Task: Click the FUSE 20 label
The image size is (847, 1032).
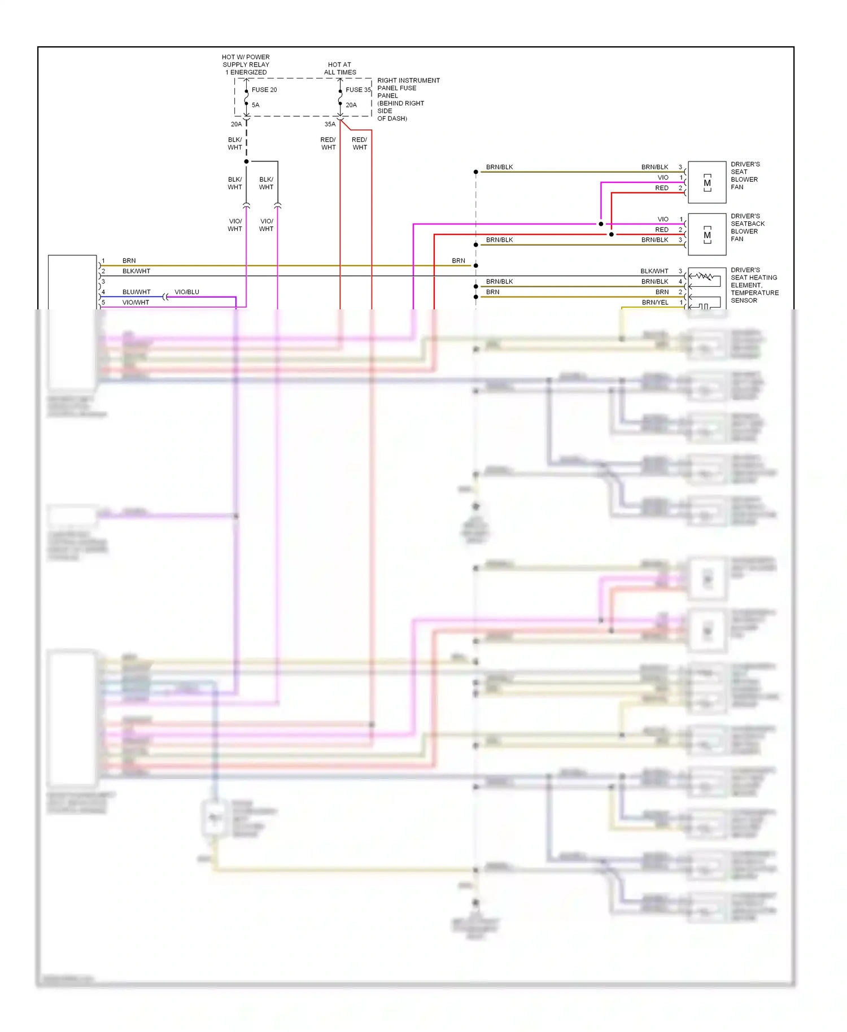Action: coord(264,90)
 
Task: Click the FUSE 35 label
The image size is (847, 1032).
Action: coord(358,90)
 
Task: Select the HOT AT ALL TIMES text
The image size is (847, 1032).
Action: coord(340,68)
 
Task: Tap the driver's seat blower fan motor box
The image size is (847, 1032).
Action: coord(707,182)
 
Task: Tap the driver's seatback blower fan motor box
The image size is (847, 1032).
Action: coord(707,234)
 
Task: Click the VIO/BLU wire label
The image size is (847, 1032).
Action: coord(187,292)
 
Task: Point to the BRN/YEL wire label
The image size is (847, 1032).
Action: coord(655,303)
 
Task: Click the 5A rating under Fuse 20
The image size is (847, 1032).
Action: coord(256,105)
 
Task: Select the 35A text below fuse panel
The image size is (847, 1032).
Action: coord(330,124)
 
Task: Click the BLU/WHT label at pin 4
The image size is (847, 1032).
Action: coord(137,292)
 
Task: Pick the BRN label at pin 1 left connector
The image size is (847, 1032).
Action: coord(129,261)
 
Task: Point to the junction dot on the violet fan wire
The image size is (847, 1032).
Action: coord(601,224)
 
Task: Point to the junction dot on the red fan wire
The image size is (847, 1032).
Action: coord(612,234)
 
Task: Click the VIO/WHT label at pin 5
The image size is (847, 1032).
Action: coord(136,303)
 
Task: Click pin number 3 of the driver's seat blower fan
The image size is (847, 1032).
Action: coord(680,167)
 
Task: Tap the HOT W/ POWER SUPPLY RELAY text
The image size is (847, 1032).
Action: coord(246,64)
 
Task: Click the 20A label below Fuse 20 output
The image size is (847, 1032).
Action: coord(236,124)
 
